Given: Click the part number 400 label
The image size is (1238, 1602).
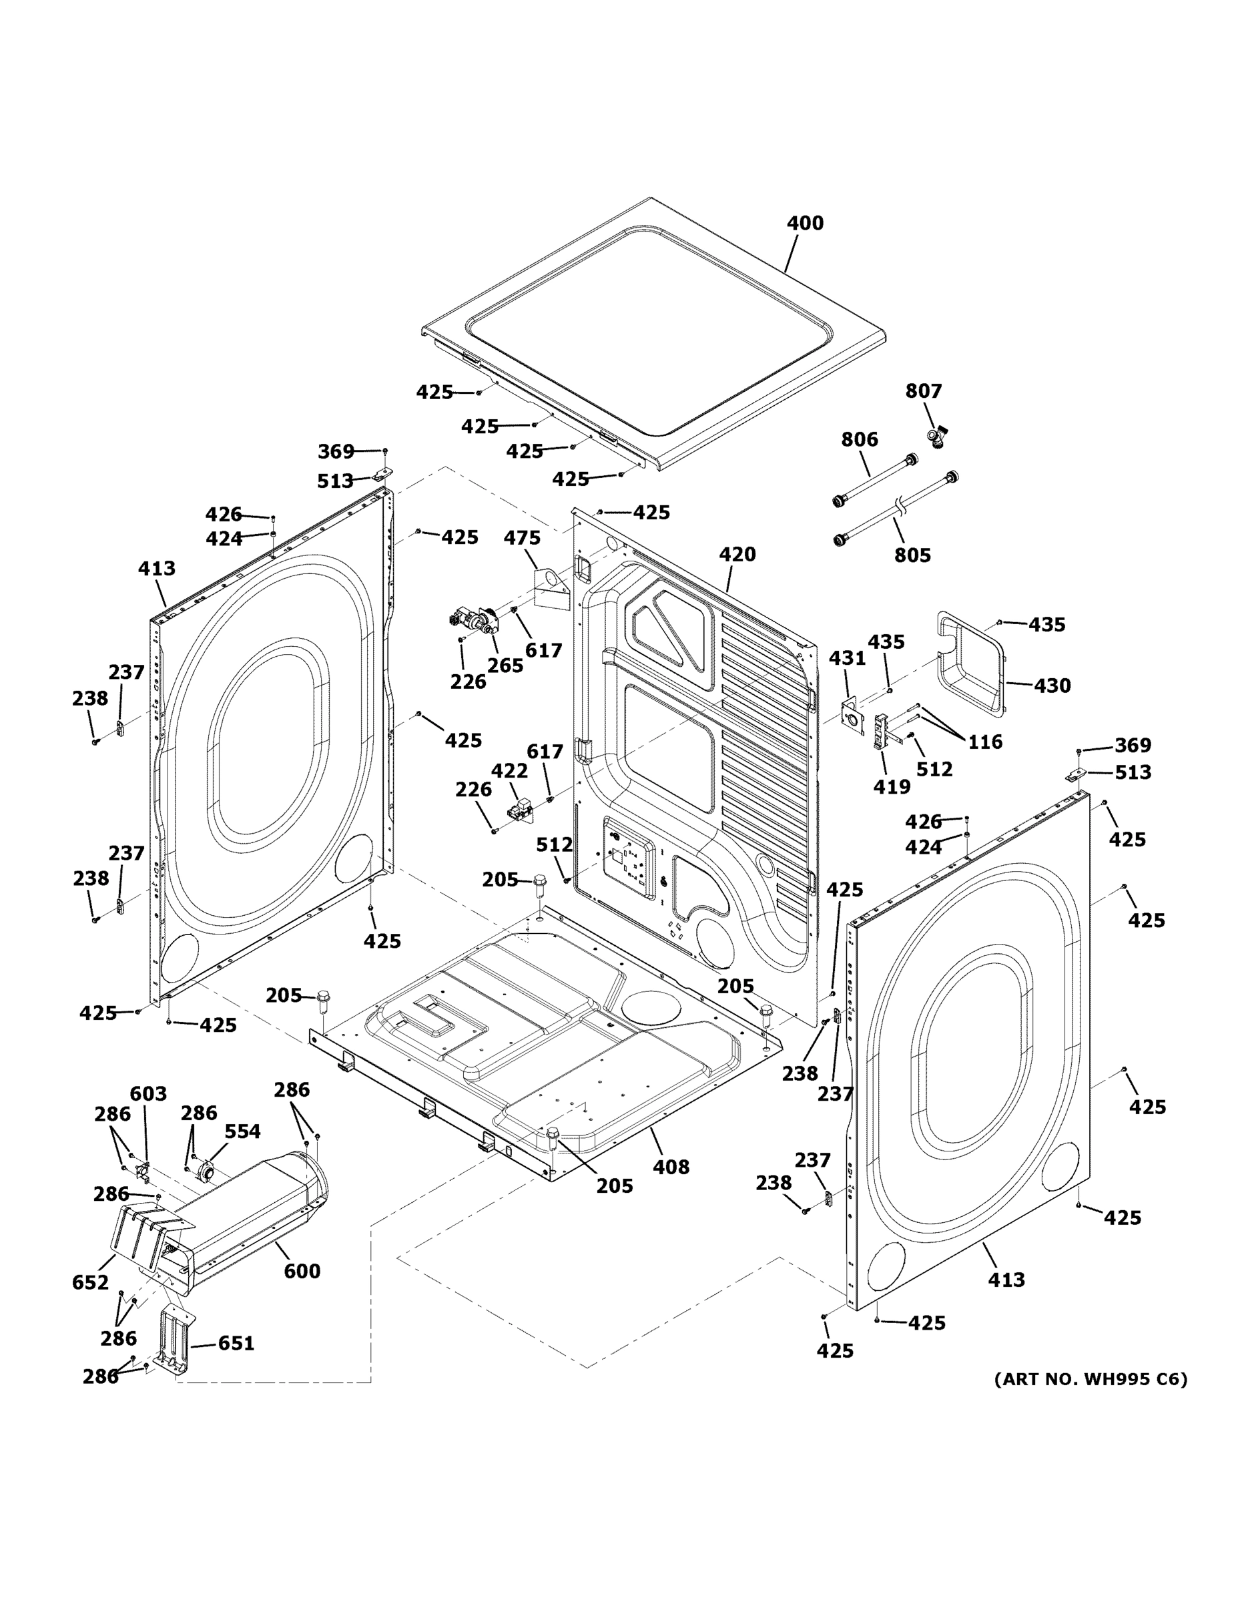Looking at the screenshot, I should (x=805, y=223).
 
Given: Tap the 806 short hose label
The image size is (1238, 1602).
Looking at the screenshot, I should (x=859, y=439).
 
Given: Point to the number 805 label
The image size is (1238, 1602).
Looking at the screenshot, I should (x=912, y=555).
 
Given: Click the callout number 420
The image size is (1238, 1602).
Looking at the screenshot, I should (x=736, y=555).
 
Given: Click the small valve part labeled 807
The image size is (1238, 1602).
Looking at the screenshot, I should (x=936, y=438).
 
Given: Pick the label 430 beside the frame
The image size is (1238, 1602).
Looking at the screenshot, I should (x=1052, y=686).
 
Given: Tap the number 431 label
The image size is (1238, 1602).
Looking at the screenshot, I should (x=847, y=659).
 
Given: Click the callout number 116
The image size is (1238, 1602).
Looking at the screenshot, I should (x=984, y=742).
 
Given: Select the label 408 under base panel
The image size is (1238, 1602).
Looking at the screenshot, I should (x=671, y=1166).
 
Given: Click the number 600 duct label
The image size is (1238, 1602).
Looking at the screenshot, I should (x=302, y=1271).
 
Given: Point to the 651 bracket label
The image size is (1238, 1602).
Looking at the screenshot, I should (x=236, y=1343).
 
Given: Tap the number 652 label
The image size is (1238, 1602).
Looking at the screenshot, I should (x=90, y=1282).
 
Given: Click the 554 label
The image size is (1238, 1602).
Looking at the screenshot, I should (x=242, y=1132).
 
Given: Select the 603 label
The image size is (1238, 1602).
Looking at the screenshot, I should (x=148, y=1095).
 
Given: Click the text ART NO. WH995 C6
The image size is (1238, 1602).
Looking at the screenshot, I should (x=1090, y=1379).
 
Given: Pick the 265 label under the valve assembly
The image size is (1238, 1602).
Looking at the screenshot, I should (x=505, y=665).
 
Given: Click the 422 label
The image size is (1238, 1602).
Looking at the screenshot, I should (x=509, y=771).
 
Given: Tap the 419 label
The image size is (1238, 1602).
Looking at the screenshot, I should (x=891, y=786).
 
